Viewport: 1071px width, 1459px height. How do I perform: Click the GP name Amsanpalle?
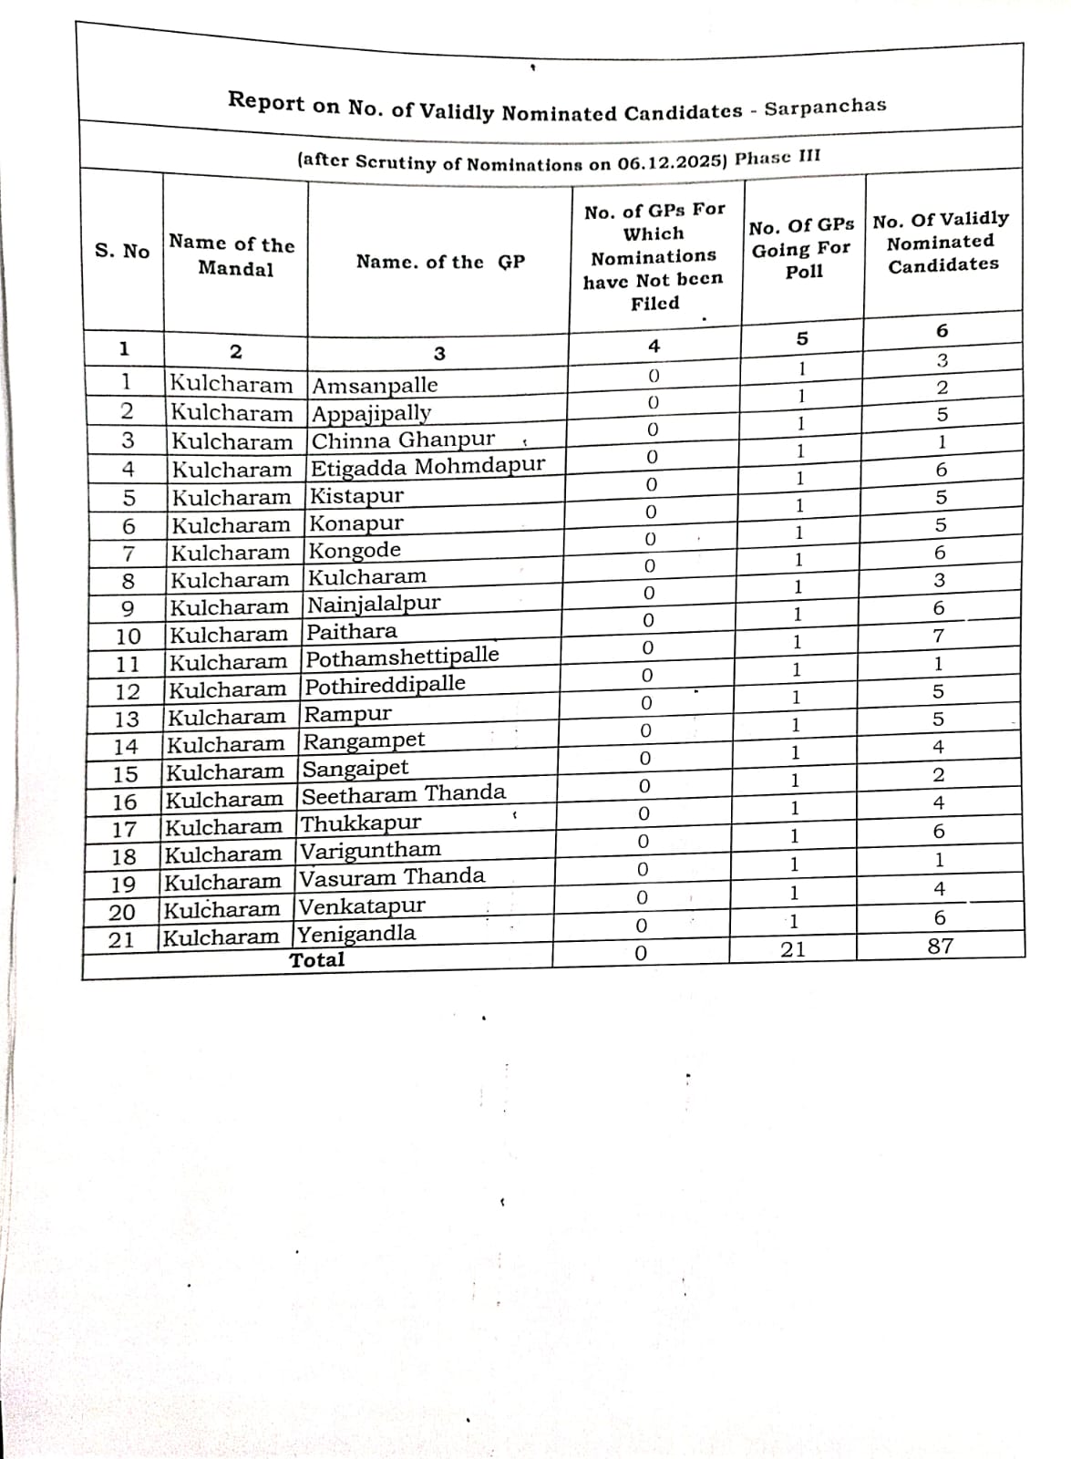click(375, 385)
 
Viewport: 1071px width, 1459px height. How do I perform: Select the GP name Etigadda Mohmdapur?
click(427, 467)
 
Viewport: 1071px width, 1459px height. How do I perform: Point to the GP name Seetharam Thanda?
click(403, 794)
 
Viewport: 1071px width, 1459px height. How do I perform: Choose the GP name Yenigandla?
click(356, 934)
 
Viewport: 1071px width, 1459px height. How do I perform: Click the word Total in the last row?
click(317, 959)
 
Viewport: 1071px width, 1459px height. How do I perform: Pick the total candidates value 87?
click(940, 946)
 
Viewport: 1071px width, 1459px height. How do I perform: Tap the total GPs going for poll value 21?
click(793, 949)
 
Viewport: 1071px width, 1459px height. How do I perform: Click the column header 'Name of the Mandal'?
click(232, 256)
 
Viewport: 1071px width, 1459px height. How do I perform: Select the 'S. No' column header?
click(122, 251)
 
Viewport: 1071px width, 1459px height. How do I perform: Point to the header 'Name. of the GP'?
click(440, 262)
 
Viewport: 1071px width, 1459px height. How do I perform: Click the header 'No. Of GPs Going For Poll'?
click(802, 248)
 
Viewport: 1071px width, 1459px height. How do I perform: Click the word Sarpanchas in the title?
click(825, 107)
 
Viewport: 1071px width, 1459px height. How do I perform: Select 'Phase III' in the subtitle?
click(778, 157)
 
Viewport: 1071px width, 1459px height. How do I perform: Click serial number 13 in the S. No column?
click(127, 719)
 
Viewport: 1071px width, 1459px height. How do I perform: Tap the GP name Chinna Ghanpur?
click(403, 440)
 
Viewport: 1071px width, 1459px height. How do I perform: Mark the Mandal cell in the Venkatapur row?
click(221, 909)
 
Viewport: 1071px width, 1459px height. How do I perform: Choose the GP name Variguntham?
click(370, 851)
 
